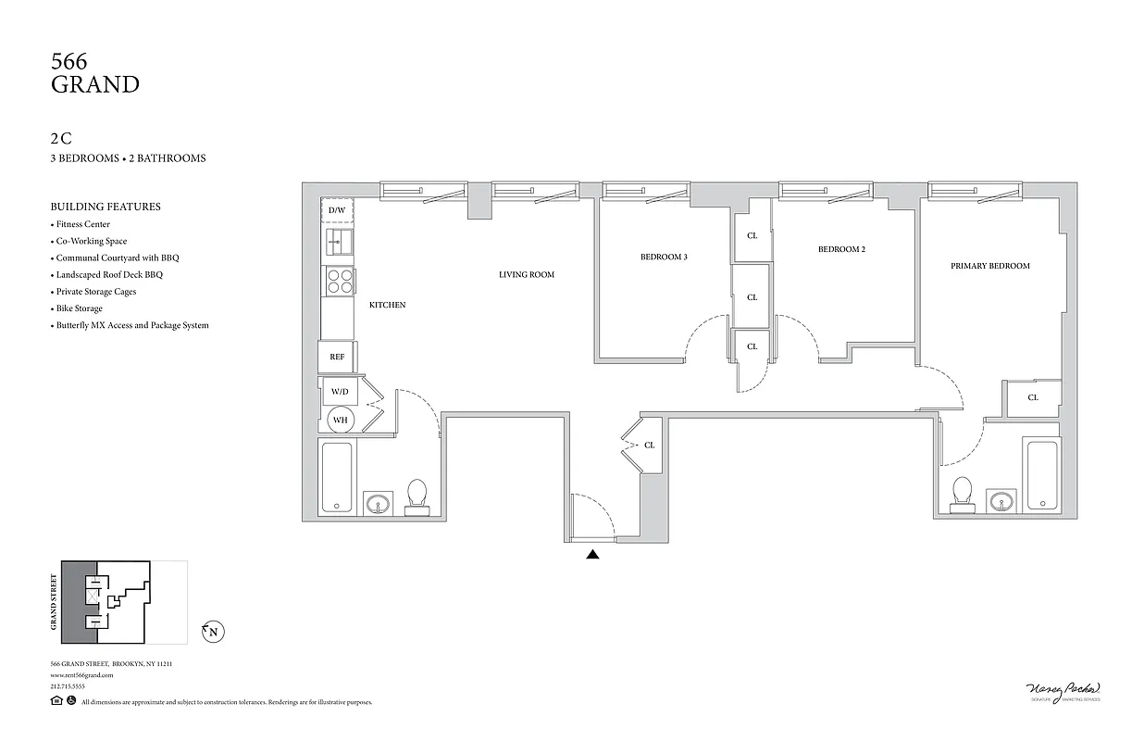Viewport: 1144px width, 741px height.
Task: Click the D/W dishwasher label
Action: [x=337, y=211]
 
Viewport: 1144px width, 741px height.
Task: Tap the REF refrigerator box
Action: [x=336, y=357]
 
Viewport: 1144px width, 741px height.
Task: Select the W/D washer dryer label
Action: [x=340, y=392]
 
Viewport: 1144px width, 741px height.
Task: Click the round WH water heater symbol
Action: [x=340, y=421]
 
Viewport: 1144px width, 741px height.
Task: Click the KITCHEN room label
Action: [x=387, y=305]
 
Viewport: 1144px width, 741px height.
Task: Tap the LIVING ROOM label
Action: [x=526, y=274]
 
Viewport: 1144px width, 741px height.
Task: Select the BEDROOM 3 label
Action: [x=664, y=257]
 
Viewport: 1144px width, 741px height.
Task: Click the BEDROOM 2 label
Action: [x=841, y=249]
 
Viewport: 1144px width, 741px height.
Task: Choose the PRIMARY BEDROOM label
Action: [x=989, y=266]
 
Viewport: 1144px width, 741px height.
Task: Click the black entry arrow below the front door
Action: [x=592, y=555]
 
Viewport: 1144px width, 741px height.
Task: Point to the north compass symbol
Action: [x=213, y=633]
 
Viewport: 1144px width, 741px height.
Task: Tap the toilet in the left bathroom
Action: [x=417, y=496]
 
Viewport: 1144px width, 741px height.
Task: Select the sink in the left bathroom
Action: [x=378, y=504]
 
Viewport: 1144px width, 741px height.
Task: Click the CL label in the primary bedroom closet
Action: [x=1033, y=397]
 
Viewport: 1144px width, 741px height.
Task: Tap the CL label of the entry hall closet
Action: [x=650, y=446]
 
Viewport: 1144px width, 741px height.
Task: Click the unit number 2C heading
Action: [x=61, y=139]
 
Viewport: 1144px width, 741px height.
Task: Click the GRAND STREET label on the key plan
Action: [x=54, y=602]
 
